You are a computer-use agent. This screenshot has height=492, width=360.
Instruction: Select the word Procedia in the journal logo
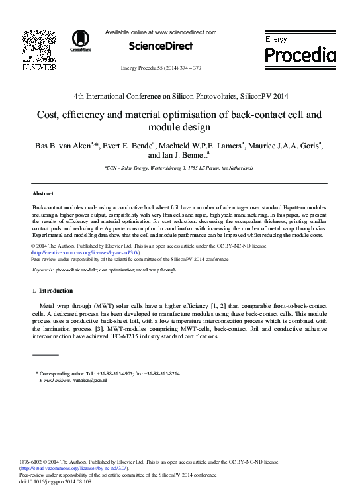click(300, 56)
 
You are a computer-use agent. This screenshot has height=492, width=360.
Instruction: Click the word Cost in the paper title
click(49, 113)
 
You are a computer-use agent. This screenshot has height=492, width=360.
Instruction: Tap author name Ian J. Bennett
click(188, 156)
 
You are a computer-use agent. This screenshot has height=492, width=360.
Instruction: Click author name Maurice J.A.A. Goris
click(286, 145)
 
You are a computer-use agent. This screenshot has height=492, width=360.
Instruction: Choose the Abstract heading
click(43, 193)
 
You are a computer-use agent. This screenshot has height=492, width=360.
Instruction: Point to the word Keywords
click(43, 271)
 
